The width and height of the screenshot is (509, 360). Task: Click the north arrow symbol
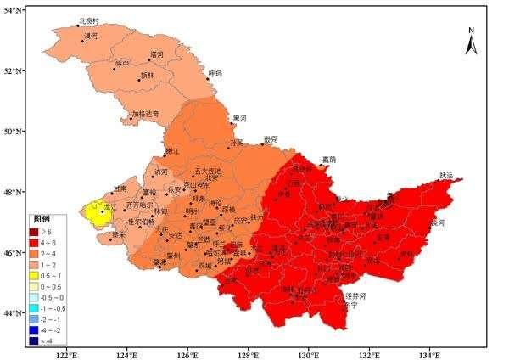(472, 40)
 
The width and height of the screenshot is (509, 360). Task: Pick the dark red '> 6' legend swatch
(36, 231)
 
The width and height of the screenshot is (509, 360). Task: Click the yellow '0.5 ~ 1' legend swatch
(36, 276)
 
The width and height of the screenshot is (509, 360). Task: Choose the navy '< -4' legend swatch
(36, 340)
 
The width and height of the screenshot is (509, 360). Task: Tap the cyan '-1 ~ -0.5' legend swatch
(36, 308)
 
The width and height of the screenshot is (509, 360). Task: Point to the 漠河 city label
(89, 37)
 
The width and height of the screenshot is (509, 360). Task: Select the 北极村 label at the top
(88, 20)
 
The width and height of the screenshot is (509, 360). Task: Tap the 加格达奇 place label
(145, 113)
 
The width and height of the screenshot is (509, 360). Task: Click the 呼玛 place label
(215, 74)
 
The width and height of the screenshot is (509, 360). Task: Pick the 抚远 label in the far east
(447, 175)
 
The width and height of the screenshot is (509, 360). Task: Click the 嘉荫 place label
(328, 159)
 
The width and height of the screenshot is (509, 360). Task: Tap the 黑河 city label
(240, 118)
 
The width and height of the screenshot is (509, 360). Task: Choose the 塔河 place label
(156, 54)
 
